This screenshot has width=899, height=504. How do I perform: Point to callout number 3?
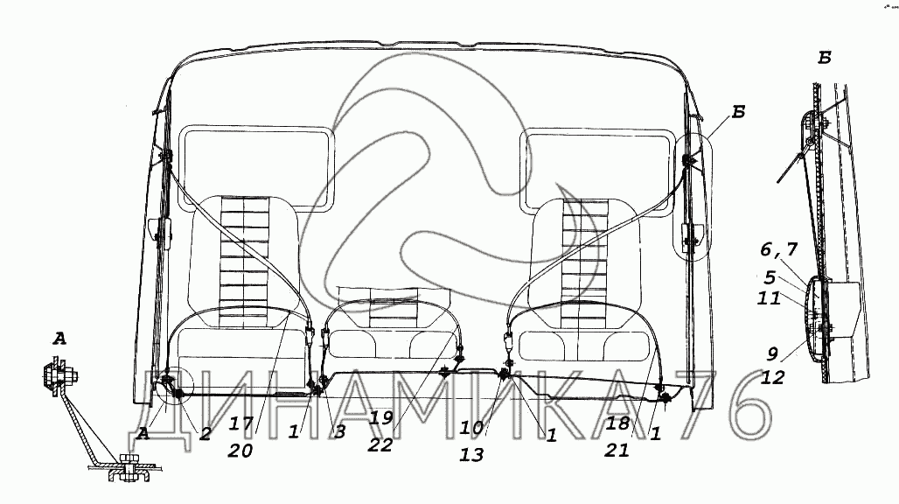339,432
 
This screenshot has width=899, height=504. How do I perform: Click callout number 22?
381,444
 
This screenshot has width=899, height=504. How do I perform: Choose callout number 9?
772,355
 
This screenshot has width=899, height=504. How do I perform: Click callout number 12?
772,378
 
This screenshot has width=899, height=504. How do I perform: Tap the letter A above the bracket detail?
59,340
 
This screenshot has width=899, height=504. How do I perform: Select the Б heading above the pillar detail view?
824,59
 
